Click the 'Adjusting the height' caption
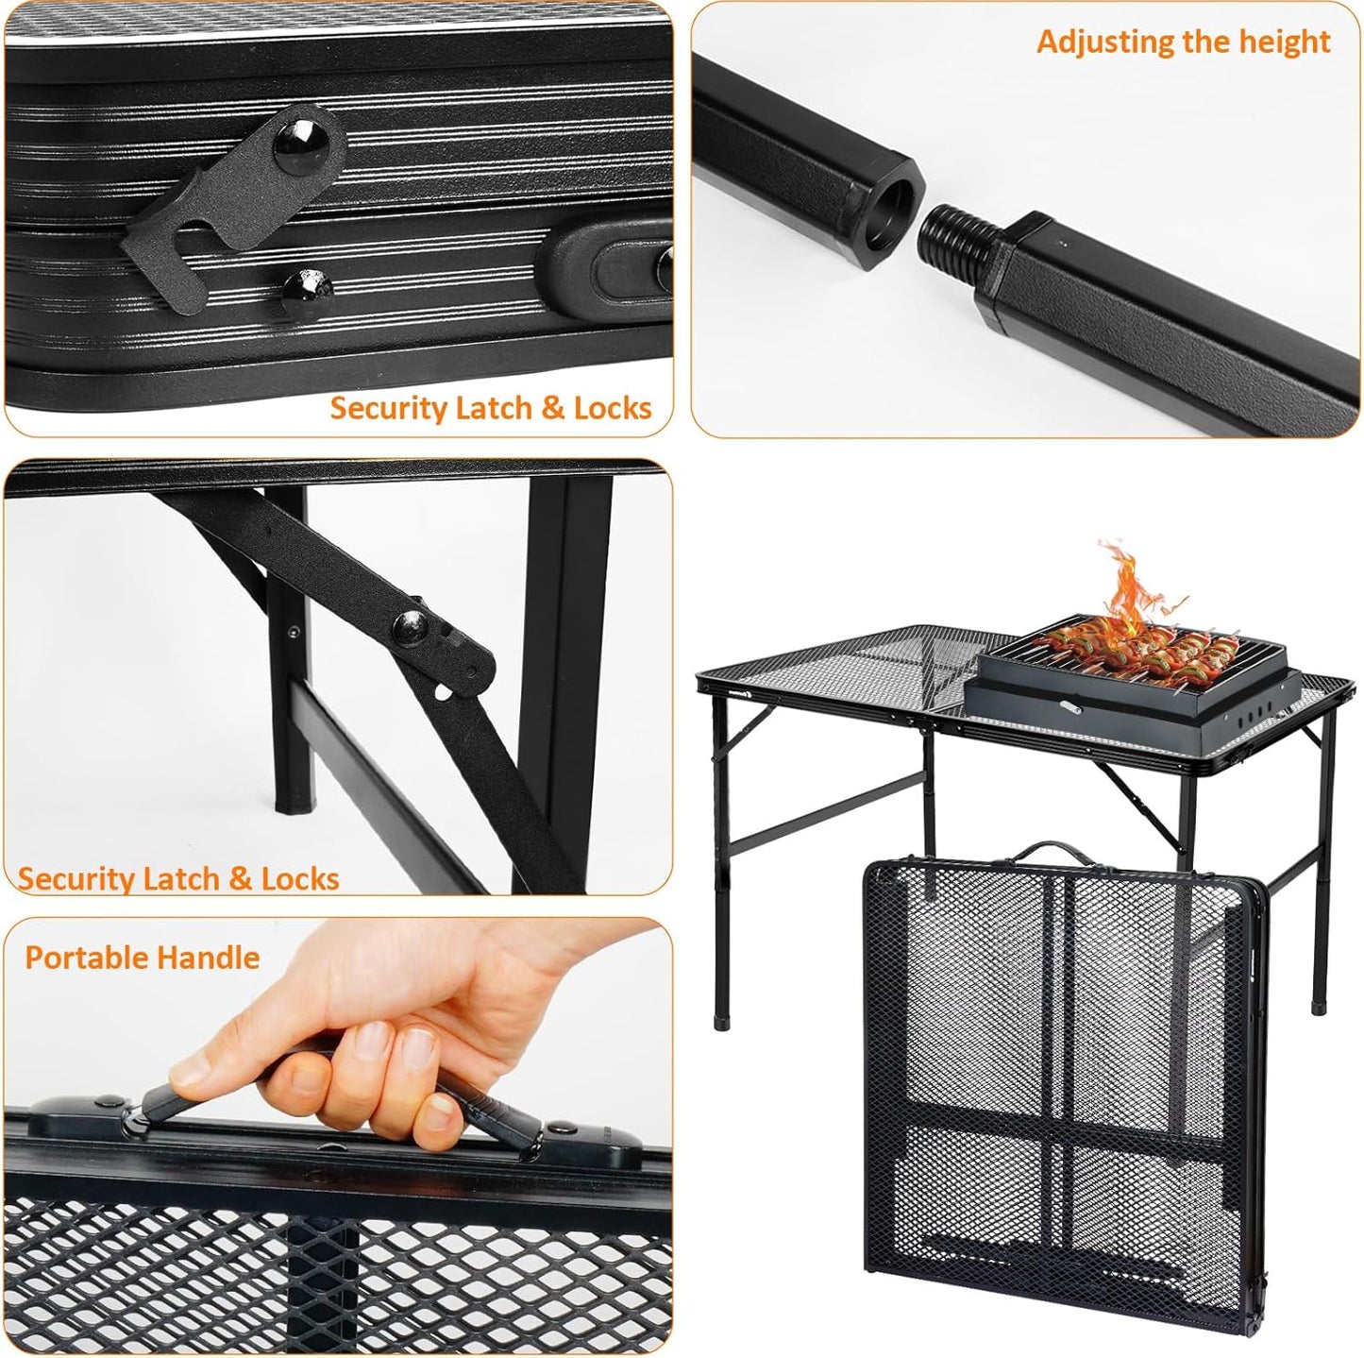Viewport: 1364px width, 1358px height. point(1183,42)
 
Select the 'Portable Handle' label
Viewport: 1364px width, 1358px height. point(142,958)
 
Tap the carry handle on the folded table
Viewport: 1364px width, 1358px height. point(1048,851)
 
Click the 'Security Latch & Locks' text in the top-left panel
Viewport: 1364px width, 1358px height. point(490,408)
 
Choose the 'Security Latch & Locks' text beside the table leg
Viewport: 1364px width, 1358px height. point(178,878)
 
